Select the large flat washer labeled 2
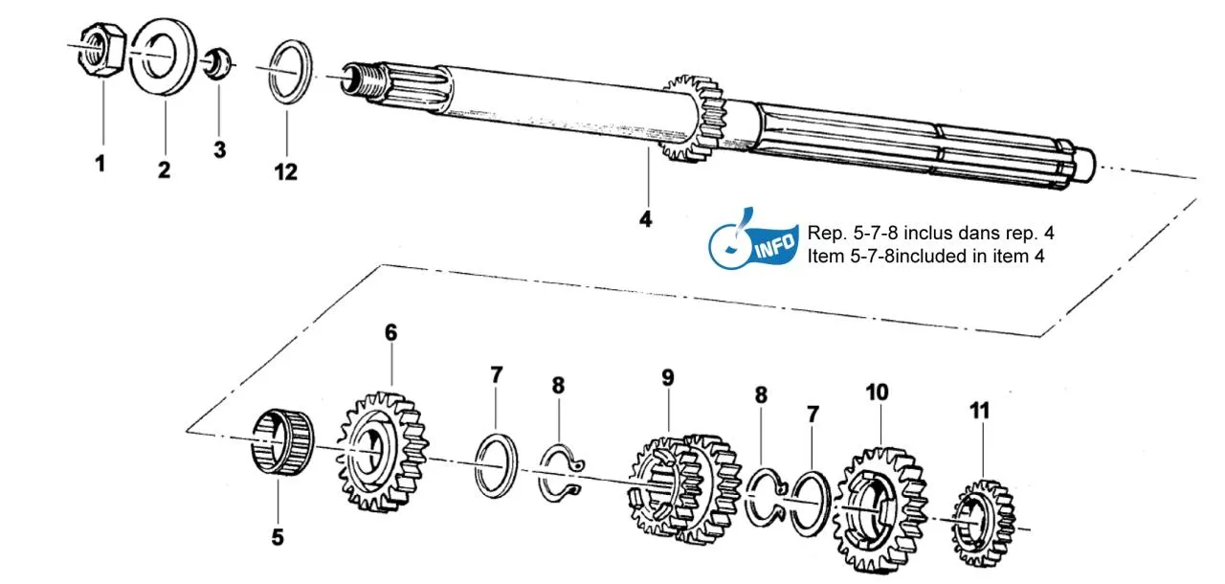point(164,56)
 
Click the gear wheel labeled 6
point(381,450)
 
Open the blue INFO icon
point(753,243)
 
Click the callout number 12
point(285,172)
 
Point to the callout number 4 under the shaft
point(645,219)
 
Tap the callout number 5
point(277,537)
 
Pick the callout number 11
point(978,411)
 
